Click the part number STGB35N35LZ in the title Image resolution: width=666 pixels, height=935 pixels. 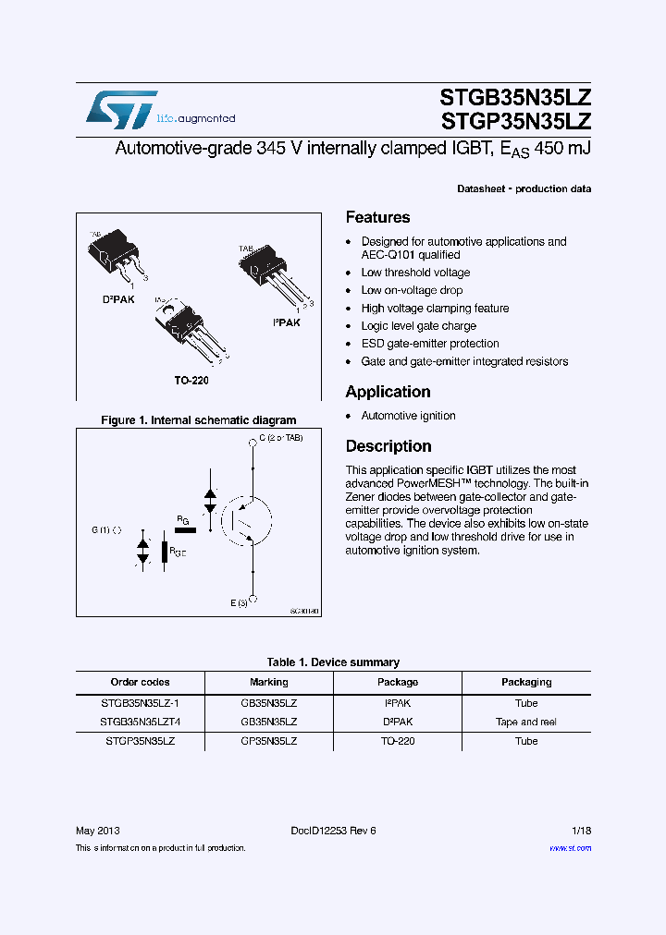point(516,99)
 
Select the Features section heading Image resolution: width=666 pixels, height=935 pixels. point(377,218)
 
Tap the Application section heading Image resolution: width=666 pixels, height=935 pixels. point(388,392)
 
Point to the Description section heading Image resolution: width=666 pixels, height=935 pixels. point(388,446)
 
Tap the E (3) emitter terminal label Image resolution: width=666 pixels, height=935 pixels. point(240,602)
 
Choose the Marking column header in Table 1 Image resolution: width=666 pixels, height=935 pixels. point(268,683)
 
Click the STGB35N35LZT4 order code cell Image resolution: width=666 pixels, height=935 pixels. point(141,722)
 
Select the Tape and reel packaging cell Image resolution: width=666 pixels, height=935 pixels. point(525,722)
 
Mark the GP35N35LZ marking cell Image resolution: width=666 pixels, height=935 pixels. point(268,741)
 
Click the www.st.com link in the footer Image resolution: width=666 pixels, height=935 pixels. point(570,848)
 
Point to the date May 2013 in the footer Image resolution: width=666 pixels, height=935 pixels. point(97,830)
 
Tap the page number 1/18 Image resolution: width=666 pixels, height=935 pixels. point(579,830)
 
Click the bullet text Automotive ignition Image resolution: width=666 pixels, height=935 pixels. point(408,416)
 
